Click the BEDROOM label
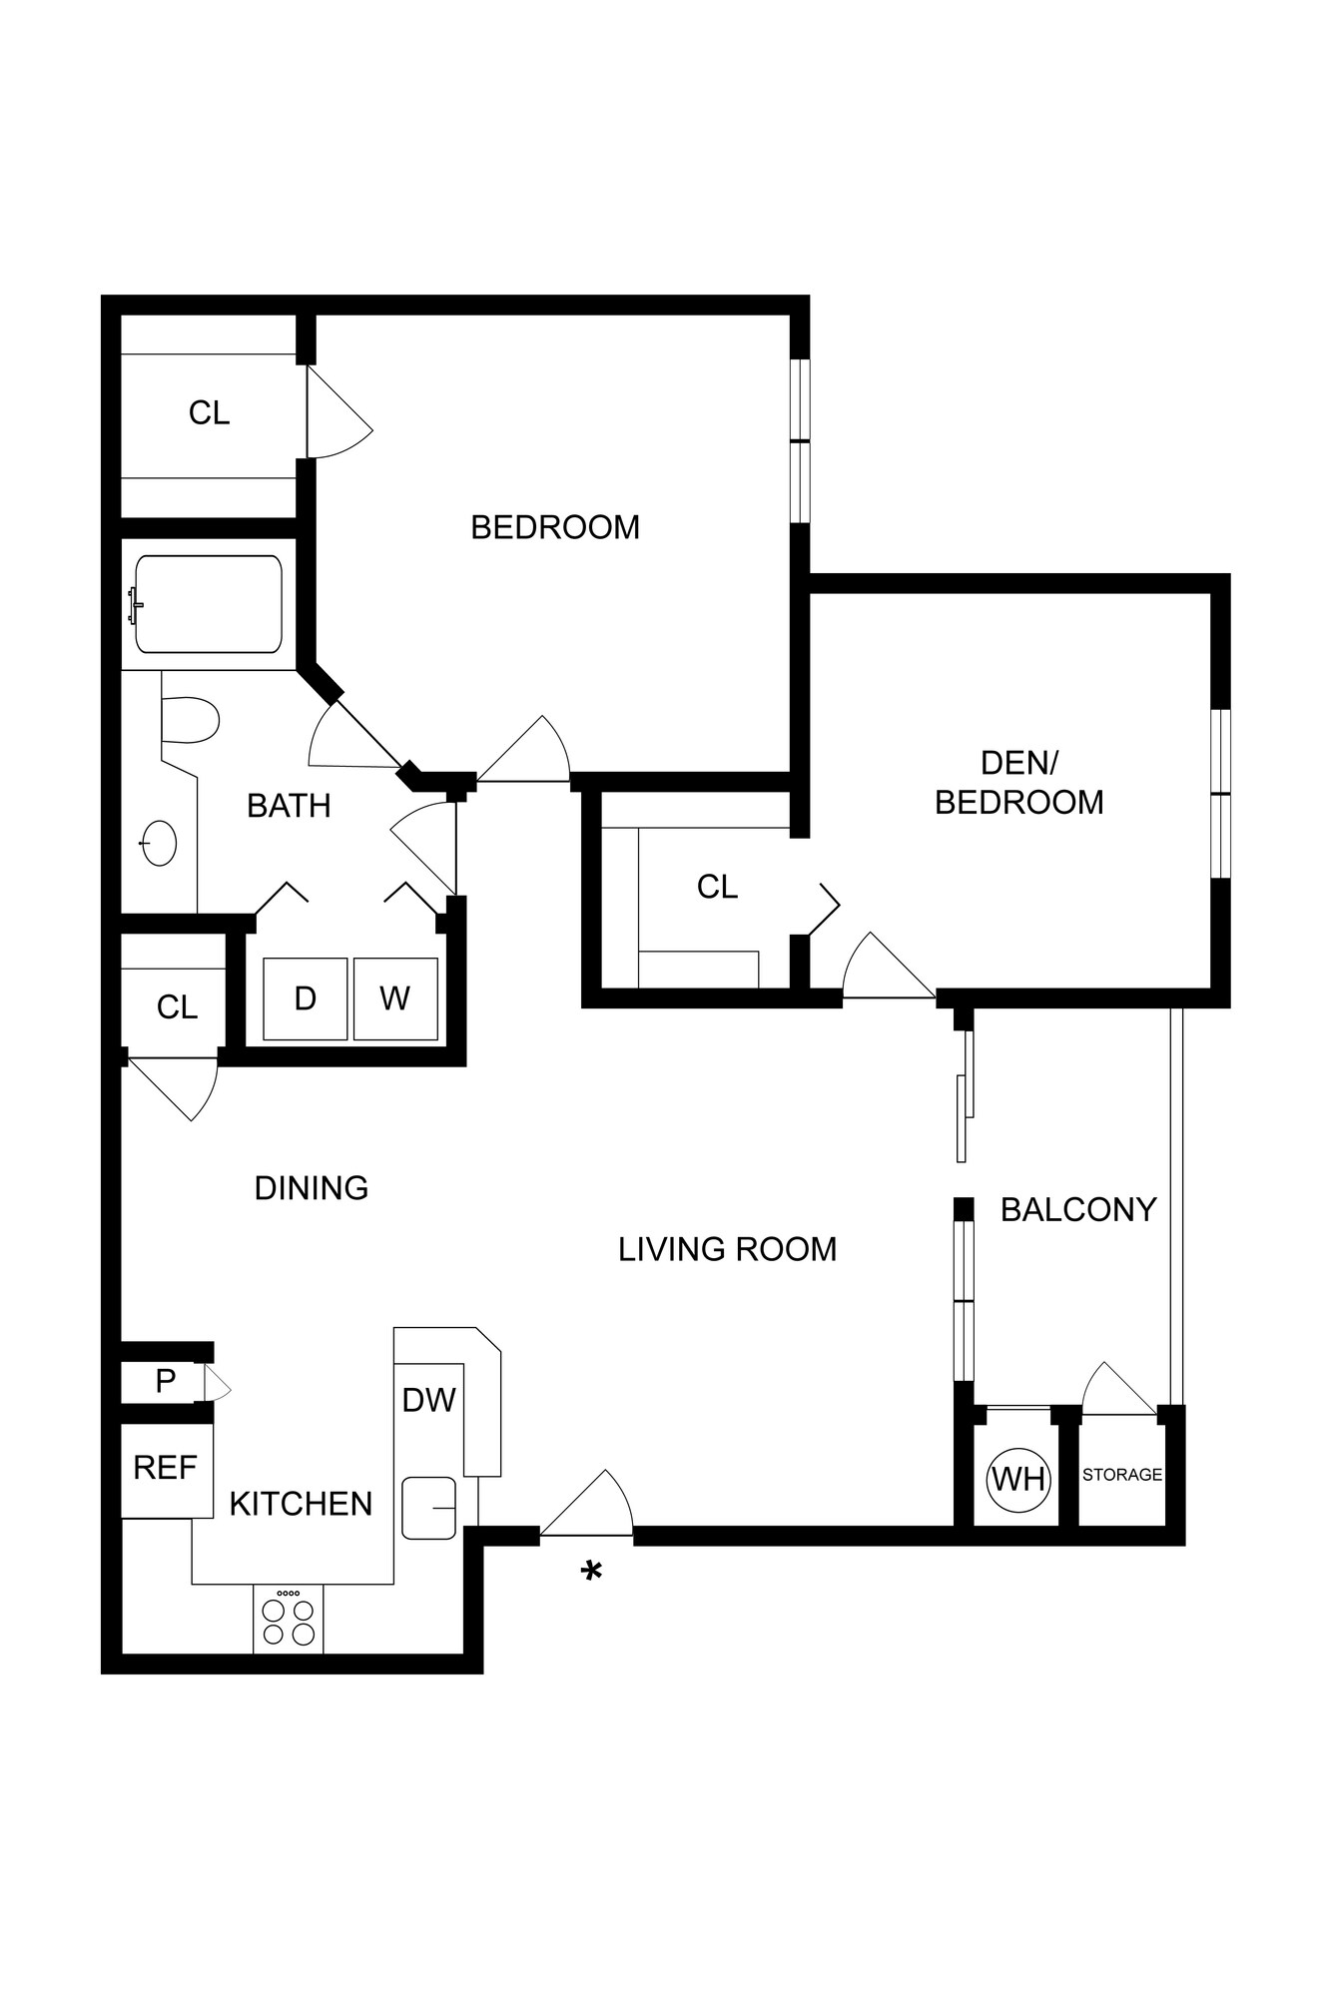[555, 527]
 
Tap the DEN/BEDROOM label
[1018, 783]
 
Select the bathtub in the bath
[209, 604]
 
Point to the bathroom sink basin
[159, 843]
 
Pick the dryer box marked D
[306, 998]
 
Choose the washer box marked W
[395, 998]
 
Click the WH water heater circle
[1018, 1478]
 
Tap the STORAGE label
[1122, 1475]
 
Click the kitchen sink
[429, 1508]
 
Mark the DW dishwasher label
[428, 1401]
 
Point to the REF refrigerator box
[166, 1468]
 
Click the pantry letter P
[166, 1382]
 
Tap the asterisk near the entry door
[592, 1573]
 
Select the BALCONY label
[1077, 1210]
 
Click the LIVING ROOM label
[727, 1249]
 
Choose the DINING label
[312, 1188]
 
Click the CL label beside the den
[717, 887]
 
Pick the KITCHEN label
[301, 1504]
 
